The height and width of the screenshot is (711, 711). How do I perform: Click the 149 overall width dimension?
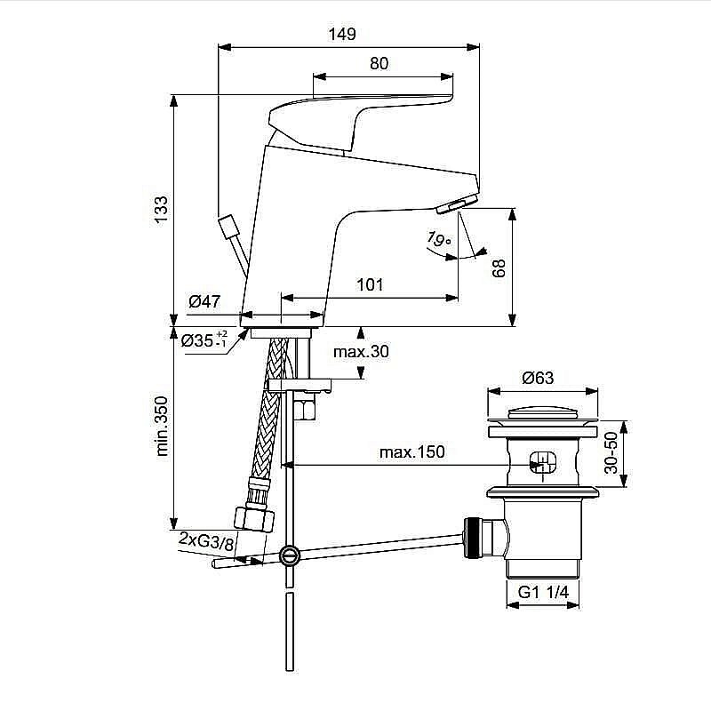click(340, 35)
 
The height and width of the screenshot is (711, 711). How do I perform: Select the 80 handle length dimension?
click(379, 63)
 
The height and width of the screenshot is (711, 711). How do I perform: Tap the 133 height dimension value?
click(161, 210)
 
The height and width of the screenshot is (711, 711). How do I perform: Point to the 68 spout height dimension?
click(499, 268)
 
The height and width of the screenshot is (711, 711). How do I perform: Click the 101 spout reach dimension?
click(370, 284)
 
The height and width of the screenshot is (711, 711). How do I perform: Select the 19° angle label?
click(438, 239)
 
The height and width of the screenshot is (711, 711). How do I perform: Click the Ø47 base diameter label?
click(204, 302)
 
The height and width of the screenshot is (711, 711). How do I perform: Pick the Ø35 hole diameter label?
click(204, 340)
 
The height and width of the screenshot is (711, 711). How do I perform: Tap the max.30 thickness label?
click(361, 352)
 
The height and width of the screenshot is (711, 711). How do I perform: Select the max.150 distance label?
click(411, 451)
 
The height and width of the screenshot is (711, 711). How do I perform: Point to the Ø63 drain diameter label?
click(538, 377)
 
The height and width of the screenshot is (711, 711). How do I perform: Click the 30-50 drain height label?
click(610, 453)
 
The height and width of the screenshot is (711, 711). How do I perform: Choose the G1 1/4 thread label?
click(542, 593)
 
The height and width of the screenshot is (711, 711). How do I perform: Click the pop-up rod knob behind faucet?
click(230, 227)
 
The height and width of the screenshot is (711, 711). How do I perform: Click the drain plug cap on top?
click(542, 414)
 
